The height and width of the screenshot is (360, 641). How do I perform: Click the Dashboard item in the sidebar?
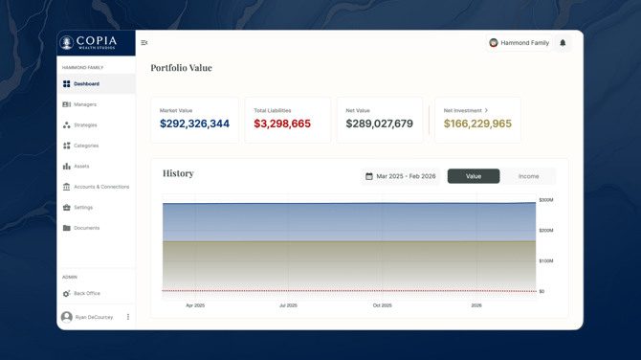86,84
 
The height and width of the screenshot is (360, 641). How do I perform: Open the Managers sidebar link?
85,104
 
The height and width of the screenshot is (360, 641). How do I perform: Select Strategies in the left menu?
85,125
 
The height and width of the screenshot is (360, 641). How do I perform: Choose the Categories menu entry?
86,146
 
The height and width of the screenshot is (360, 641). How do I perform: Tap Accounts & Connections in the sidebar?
100,187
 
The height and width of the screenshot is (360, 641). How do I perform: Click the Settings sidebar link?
83,208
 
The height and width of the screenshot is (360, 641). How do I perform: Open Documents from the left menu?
86,228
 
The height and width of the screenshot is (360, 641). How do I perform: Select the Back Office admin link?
86,294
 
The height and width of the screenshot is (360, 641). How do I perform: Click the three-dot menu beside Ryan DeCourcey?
128,317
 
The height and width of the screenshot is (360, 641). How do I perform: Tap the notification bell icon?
563,43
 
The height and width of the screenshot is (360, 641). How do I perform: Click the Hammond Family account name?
524,43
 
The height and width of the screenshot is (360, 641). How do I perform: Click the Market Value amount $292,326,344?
194,124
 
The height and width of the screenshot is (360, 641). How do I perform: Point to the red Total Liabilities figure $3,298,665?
282,124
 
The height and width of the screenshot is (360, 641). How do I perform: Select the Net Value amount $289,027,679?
379,124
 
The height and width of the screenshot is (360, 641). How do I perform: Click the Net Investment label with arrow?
466,111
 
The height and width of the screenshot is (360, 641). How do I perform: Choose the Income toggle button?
528,176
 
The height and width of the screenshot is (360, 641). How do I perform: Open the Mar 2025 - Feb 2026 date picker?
400,176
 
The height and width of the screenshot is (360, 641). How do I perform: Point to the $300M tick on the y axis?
545,200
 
